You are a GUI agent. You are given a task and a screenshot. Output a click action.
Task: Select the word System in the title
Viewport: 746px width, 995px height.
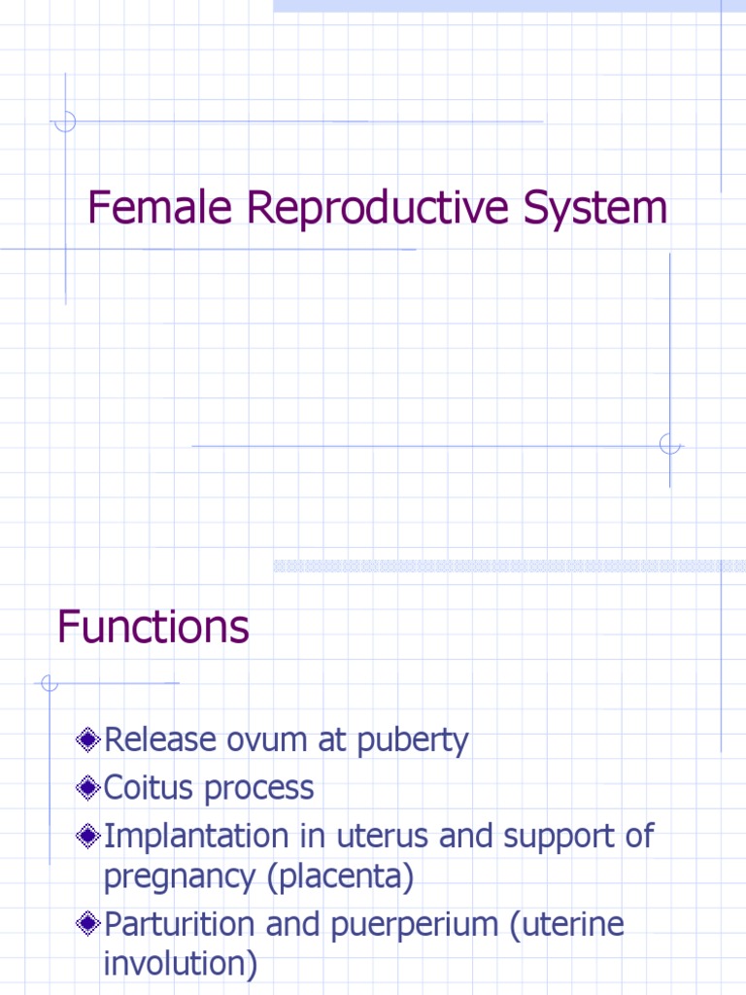599,208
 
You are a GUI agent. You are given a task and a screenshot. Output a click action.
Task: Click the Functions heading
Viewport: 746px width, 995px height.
153,627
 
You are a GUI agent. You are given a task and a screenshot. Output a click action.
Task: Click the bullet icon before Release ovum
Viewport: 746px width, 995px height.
88,741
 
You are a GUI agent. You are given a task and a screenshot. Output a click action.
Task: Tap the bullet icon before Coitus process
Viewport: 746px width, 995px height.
88,789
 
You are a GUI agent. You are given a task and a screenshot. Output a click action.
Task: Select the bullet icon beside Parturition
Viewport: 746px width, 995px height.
88,925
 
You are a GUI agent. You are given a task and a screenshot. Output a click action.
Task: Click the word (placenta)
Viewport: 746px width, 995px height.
341,877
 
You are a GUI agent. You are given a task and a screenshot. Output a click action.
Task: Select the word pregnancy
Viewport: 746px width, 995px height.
181,878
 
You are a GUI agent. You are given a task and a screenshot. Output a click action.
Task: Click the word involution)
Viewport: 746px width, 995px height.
181,965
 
